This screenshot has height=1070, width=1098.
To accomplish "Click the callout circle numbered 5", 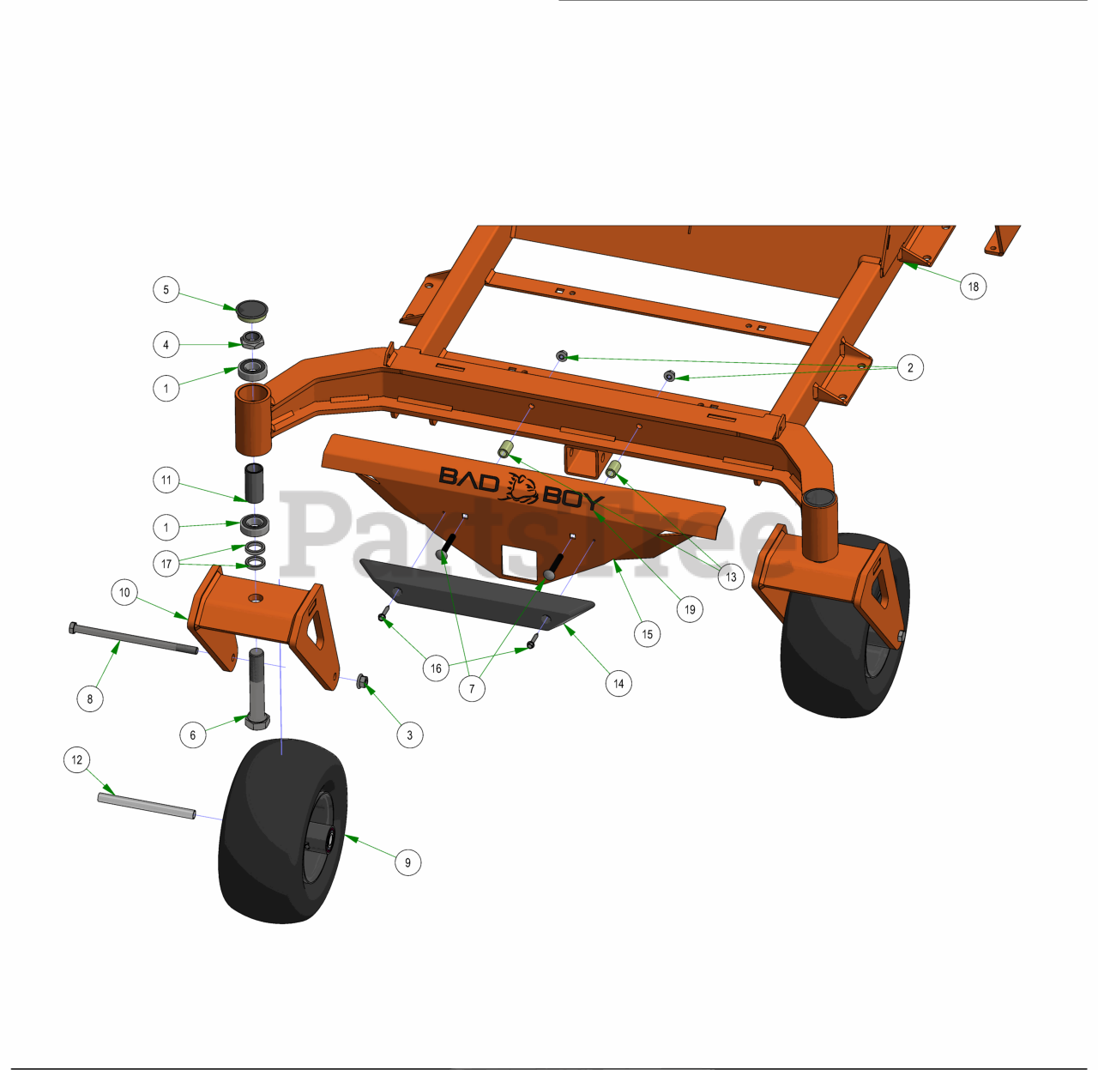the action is point(166,289).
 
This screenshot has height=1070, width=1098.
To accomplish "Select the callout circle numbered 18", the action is point(974,286).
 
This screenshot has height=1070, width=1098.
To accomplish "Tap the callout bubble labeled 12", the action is point(77,759).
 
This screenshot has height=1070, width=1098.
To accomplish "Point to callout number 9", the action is point(408,862).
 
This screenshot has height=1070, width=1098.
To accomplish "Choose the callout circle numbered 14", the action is point(619,683).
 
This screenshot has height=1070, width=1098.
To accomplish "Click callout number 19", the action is point(690,609).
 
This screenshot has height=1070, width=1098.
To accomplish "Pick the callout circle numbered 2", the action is point(910,367).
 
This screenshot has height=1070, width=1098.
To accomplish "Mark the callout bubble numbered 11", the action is point(166,480).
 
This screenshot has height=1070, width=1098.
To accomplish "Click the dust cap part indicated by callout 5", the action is point(251,311).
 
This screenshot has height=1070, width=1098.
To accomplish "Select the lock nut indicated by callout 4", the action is point(252,340).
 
